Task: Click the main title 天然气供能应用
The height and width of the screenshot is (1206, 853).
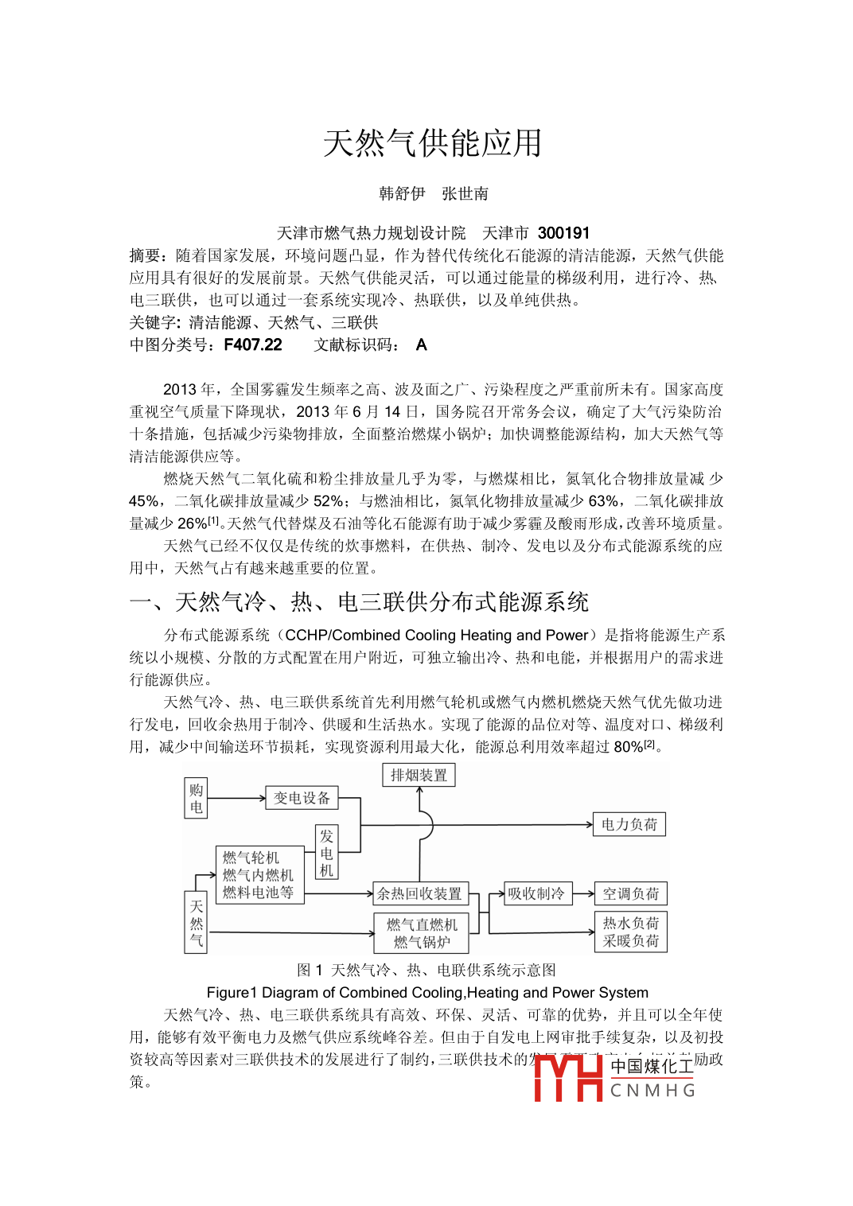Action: [432, 144]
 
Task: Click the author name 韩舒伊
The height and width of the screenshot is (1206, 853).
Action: [402, 193]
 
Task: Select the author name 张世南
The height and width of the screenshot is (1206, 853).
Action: [465, 193]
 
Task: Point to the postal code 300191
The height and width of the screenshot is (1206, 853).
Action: [563, 233]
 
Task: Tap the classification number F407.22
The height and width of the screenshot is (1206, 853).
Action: [253, 344]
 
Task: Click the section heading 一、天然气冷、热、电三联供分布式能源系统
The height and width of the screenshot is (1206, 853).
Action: [359, 601]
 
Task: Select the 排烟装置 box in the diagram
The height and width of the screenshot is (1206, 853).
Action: [419, 775]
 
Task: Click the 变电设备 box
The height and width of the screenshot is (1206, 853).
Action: [302, 798]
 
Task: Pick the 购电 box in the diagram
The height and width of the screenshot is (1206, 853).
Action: [196, 798]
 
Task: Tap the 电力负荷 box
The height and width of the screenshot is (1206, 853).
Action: [629, 824]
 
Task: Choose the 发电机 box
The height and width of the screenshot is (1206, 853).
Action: [326, 852]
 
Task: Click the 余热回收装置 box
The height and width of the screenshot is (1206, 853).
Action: [419, 893]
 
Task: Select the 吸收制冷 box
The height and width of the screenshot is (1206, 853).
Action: [536, 893]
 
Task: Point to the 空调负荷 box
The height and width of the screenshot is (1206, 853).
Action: [630, 893]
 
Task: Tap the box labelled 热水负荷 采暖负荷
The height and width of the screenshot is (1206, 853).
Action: [630, 932]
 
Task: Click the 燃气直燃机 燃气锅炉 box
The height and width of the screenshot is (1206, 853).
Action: [422, 932]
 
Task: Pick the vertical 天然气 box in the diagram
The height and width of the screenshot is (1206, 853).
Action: [196, 923]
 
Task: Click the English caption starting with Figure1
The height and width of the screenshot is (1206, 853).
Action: [427, 992]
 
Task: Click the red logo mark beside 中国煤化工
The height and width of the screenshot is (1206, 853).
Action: [568, 1078]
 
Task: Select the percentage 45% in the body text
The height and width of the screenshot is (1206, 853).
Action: [144, 501]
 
